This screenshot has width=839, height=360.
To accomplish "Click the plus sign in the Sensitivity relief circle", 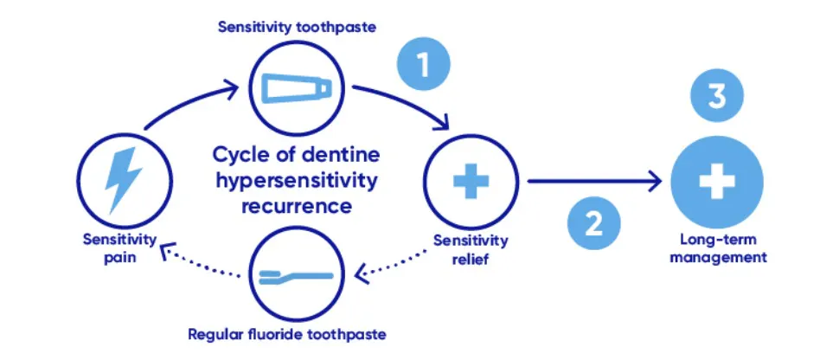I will click(x=471, y=183).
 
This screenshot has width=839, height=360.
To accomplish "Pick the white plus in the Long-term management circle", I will click(x=717, y=183).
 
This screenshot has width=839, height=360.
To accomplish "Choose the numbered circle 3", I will click(x=716, y=97).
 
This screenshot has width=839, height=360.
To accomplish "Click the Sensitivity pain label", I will click(x=120, y=247).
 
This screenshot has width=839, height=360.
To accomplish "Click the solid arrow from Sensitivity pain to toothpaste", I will click(x=186, y=101).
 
